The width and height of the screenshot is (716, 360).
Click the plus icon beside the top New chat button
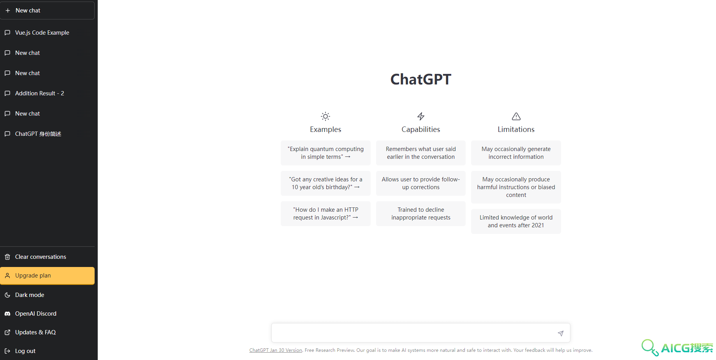pos(8,11)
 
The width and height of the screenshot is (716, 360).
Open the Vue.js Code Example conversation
pos(42,33)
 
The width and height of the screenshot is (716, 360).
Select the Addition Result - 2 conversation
pos(39,93)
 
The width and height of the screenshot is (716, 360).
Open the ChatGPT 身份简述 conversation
pos(38,134)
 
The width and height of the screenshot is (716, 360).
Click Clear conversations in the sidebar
pos(40,257)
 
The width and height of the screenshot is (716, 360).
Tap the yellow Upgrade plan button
pos(47,276)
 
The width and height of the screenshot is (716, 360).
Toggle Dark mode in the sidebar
pos(30,295)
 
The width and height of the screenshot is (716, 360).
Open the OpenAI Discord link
pos(35,314)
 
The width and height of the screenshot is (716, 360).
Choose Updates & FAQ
pos(35,332)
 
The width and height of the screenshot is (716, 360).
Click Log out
pos(25,351)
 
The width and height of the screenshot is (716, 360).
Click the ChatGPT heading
pos(420,79)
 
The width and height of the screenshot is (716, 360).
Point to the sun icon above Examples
pos(325,116)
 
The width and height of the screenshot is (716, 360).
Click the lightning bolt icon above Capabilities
pos(421,116)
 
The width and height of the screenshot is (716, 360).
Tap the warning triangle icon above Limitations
pos(516,116)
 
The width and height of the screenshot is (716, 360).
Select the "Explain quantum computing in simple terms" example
pos(325,153)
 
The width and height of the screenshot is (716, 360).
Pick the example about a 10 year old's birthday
pos(325,183)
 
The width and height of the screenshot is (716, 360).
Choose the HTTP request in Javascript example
pos(325,214)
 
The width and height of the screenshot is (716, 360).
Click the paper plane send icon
pos(561,333)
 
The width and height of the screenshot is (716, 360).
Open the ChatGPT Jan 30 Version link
pos(276,350)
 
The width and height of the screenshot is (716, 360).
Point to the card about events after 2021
pos(516,221)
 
